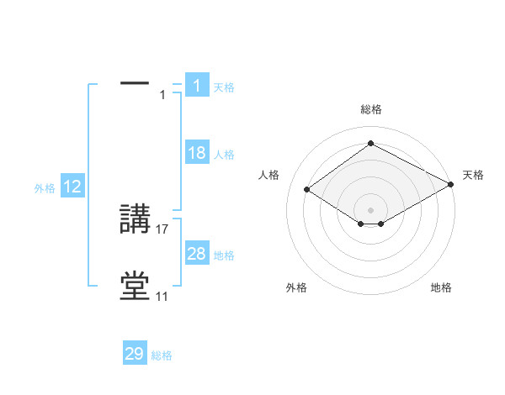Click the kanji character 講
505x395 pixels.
tap(135, 220)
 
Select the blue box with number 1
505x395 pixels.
tap(196, 85)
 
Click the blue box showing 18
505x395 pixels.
tap(196, 153)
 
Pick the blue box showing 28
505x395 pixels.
tap(196, 254)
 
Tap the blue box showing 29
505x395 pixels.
tap(135, 354)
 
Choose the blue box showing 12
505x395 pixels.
tap(72, 187)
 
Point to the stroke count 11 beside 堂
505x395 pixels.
tap(162, 297)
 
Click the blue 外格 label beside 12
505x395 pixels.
tap(45, 188)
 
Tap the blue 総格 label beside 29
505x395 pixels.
tap(162, 355)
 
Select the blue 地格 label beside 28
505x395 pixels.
tap(224, 255)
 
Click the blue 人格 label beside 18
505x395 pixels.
tap(224, 155)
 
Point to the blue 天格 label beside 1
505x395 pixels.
tap(223, 87)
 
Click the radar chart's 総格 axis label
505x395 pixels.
tap(370, 109)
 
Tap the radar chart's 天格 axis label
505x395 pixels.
tap(473, 175)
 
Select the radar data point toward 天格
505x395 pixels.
tap(451, 185)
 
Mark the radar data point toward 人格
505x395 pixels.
tap(307, 190)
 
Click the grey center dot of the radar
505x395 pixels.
tap(370, 209)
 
